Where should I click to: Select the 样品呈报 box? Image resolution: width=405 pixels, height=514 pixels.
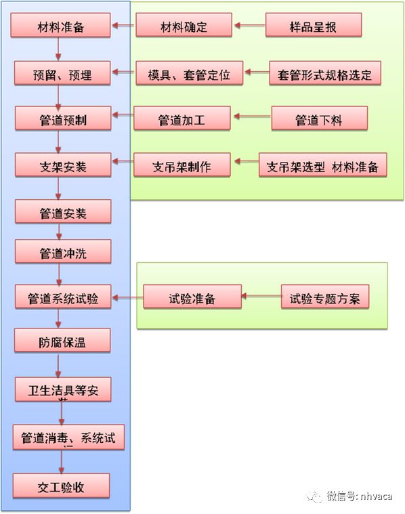pyautogui.click(x=313, y=26)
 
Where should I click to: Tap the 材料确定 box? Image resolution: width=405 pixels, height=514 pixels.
pyautogui.click(x=184, y=26)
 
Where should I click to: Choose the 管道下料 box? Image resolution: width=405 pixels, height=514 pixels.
pyautogui.click(x=319, y=119)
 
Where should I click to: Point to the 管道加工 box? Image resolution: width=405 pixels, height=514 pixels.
pyautogui.click(x=182, y=119)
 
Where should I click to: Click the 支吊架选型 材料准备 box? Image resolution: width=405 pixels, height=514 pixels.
pyautogui.click(x=322, y=165)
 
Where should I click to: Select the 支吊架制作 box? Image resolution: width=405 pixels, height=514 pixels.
pyautogui.click(x=182, y=165)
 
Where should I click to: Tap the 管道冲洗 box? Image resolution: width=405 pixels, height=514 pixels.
pyautogui.click(x=62, y=253)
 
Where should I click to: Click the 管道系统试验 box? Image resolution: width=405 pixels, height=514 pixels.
pyautogui.click(x=62, y=297)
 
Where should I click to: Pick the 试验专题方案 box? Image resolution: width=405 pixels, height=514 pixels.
pyautogui.click(x=325, y=297)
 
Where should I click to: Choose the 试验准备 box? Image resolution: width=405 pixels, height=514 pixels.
pyautogui.click(x=192, y=297)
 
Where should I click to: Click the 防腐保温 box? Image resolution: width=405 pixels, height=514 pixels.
pyautogui.click(x=62, y=341)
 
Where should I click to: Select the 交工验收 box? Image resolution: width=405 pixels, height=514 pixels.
pyautogui.click(x=61, y=486)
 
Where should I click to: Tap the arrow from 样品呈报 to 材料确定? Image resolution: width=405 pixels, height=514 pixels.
pyautogui.click(x=248, y=26)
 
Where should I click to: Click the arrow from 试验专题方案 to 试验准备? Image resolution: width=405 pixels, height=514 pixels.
pyautogui.click(x=261, y=297)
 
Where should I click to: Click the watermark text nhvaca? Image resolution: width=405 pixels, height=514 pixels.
pyautogui.click(x=375, y=496)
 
